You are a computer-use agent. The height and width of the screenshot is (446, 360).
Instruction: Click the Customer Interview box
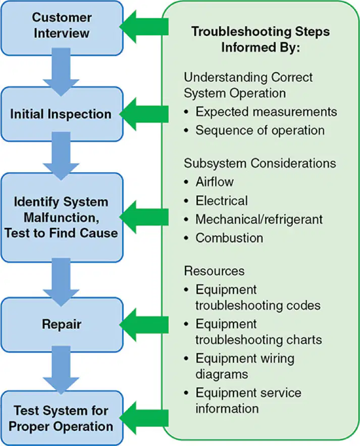[x=62, y=28]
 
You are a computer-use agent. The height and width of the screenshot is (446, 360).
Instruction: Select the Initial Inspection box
[x=62, y=114]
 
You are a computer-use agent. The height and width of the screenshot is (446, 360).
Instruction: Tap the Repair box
[x=62, y=325]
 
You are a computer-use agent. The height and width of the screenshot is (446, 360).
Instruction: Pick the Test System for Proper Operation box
[x=62, y=418]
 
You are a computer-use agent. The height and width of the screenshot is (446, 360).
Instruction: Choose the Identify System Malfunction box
[x=62, y=217]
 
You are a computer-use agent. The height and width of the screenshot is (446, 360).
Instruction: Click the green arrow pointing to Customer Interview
[x=144, y=27]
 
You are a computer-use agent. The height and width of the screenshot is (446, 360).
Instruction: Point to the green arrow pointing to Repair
[x=144, y=325]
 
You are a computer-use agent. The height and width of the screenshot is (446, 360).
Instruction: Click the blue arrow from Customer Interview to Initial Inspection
[x=61, y=72]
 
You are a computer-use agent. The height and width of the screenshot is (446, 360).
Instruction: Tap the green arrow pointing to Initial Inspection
[x=144, y=114]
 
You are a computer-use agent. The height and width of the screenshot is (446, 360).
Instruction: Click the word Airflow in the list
[x=215, y=182]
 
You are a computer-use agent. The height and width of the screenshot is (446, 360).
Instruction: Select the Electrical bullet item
[x=222, y=201]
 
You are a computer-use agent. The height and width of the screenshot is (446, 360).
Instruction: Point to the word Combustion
[x=229, y=238]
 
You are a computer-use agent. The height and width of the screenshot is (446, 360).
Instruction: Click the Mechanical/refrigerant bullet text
[x=259, y=219]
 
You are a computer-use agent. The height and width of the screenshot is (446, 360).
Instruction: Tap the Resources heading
[x=214, y=271]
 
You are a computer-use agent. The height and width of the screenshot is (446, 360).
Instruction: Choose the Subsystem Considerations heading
[x=260, y=163]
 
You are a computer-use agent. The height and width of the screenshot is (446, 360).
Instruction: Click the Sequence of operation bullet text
[x=260, y=130]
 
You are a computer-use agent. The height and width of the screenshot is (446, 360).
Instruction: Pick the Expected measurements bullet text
[x=266, y=112]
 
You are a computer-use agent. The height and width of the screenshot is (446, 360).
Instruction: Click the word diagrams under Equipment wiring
[x=222, y=374]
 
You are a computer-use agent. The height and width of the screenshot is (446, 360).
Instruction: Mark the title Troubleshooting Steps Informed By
[x=261, y=39]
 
